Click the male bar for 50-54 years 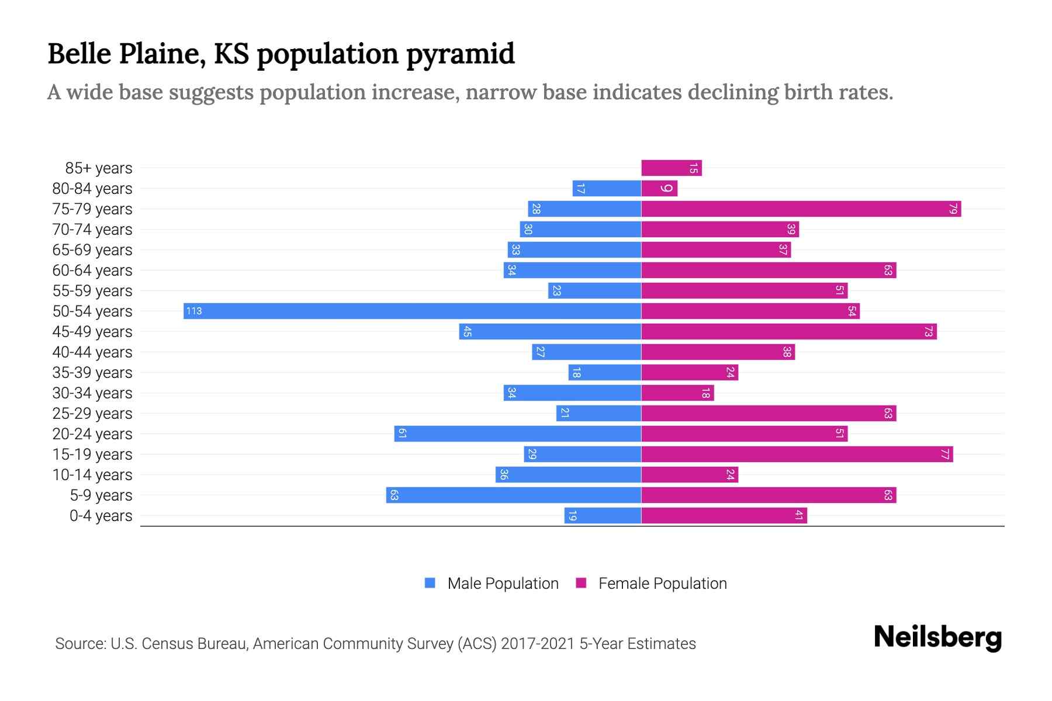coord(412,311)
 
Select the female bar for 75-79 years coord(801,209)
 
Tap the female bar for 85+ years coord(671,168)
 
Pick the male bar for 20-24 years coord(517,433)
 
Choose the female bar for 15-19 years coord(797,454)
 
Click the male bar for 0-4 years coord(603,515)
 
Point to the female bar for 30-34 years coord(677,393)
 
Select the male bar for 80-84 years coord(607,188)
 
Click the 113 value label coord(194,311)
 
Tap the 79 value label coord(953,209)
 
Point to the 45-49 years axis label coord(92,332)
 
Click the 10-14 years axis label coord(92,475)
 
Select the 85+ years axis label coord(99,168)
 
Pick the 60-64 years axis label coord(92,270)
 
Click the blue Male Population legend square coord(430,583)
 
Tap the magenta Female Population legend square coord(581,583)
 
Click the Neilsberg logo coord(937,637)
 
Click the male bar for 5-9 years coord(513,495)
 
